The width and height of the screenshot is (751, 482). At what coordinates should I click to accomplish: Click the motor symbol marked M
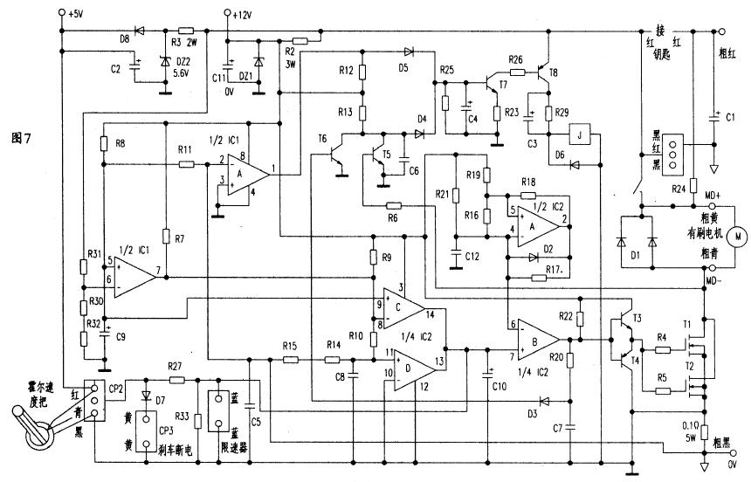point(737,235)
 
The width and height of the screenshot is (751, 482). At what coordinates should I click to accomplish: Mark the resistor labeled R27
point(175,381)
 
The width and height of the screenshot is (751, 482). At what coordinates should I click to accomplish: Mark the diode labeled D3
point(546,402)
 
